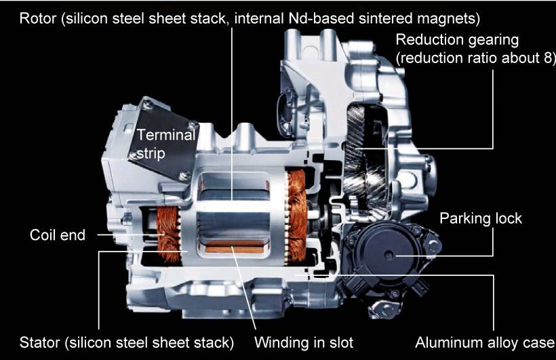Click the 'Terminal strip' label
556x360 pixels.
[166, 144]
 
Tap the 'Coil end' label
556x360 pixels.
[58, 235]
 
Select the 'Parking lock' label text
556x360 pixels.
[481, 218]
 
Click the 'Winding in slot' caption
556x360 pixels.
[304, 342]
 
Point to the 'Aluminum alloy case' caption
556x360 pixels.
[484, 342]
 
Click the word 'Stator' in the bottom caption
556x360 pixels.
[40, 342]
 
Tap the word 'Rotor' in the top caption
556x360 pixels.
[37, 18]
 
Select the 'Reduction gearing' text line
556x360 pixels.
[457, 40]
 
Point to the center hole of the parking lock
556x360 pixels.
[389, 255]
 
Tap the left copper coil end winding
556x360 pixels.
[167, 234]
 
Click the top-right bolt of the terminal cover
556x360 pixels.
[193, 125]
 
